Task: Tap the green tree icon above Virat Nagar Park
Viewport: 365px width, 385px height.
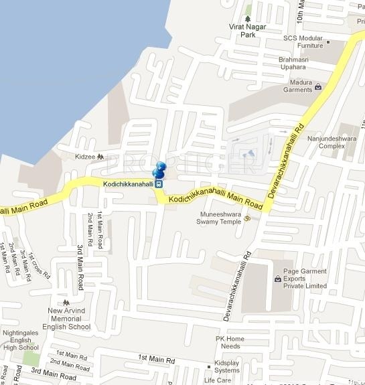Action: [x=248, y=17]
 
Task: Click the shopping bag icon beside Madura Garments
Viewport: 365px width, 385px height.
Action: [x=318, y=86]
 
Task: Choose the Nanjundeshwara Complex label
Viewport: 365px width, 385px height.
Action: [x=326, y=142]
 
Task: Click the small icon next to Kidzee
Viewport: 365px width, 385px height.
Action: [x=100, y=156]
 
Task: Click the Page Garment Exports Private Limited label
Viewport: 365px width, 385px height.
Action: [x=305, y=279]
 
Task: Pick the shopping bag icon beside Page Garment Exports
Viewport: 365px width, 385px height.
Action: [x=277, y=279]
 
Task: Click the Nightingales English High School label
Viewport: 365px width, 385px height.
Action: [x=21, y=340]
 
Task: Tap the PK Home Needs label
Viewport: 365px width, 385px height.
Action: [x=230, y=342]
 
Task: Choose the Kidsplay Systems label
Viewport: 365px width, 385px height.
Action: [x=226, y=366]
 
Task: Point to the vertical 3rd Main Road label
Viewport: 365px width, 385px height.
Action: [x=79, y=267]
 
